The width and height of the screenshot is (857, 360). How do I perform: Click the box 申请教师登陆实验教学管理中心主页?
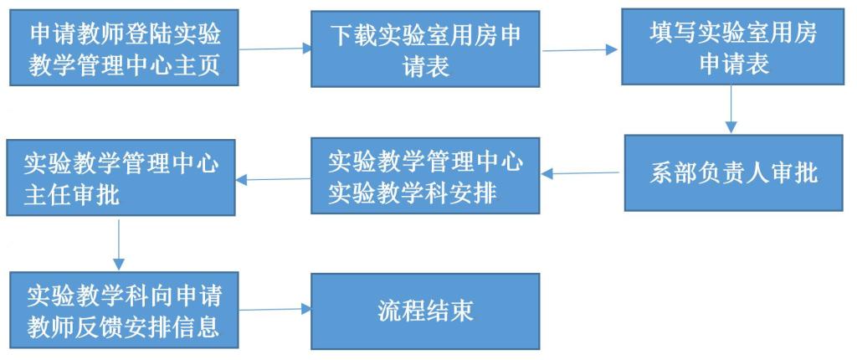(x=125, y=49)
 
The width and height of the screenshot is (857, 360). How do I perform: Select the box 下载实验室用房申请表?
(x=426, y=49)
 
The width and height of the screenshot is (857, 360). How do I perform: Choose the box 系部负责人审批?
(x=732, y=172)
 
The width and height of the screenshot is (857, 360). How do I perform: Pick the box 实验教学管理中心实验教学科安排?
(x=426, y=176)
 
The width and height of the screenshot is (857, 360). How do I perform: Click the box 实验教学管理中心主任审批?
(x=121, y=178)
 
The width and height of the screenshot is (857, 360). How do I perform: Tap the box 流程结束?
(x=425, y=311)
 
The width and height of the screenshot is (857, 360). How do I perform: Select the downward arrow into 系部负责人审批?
(x=731, y=109)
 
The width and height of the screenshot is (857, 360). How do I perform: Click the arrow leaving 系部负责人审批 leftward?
(x=581, y=174)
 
